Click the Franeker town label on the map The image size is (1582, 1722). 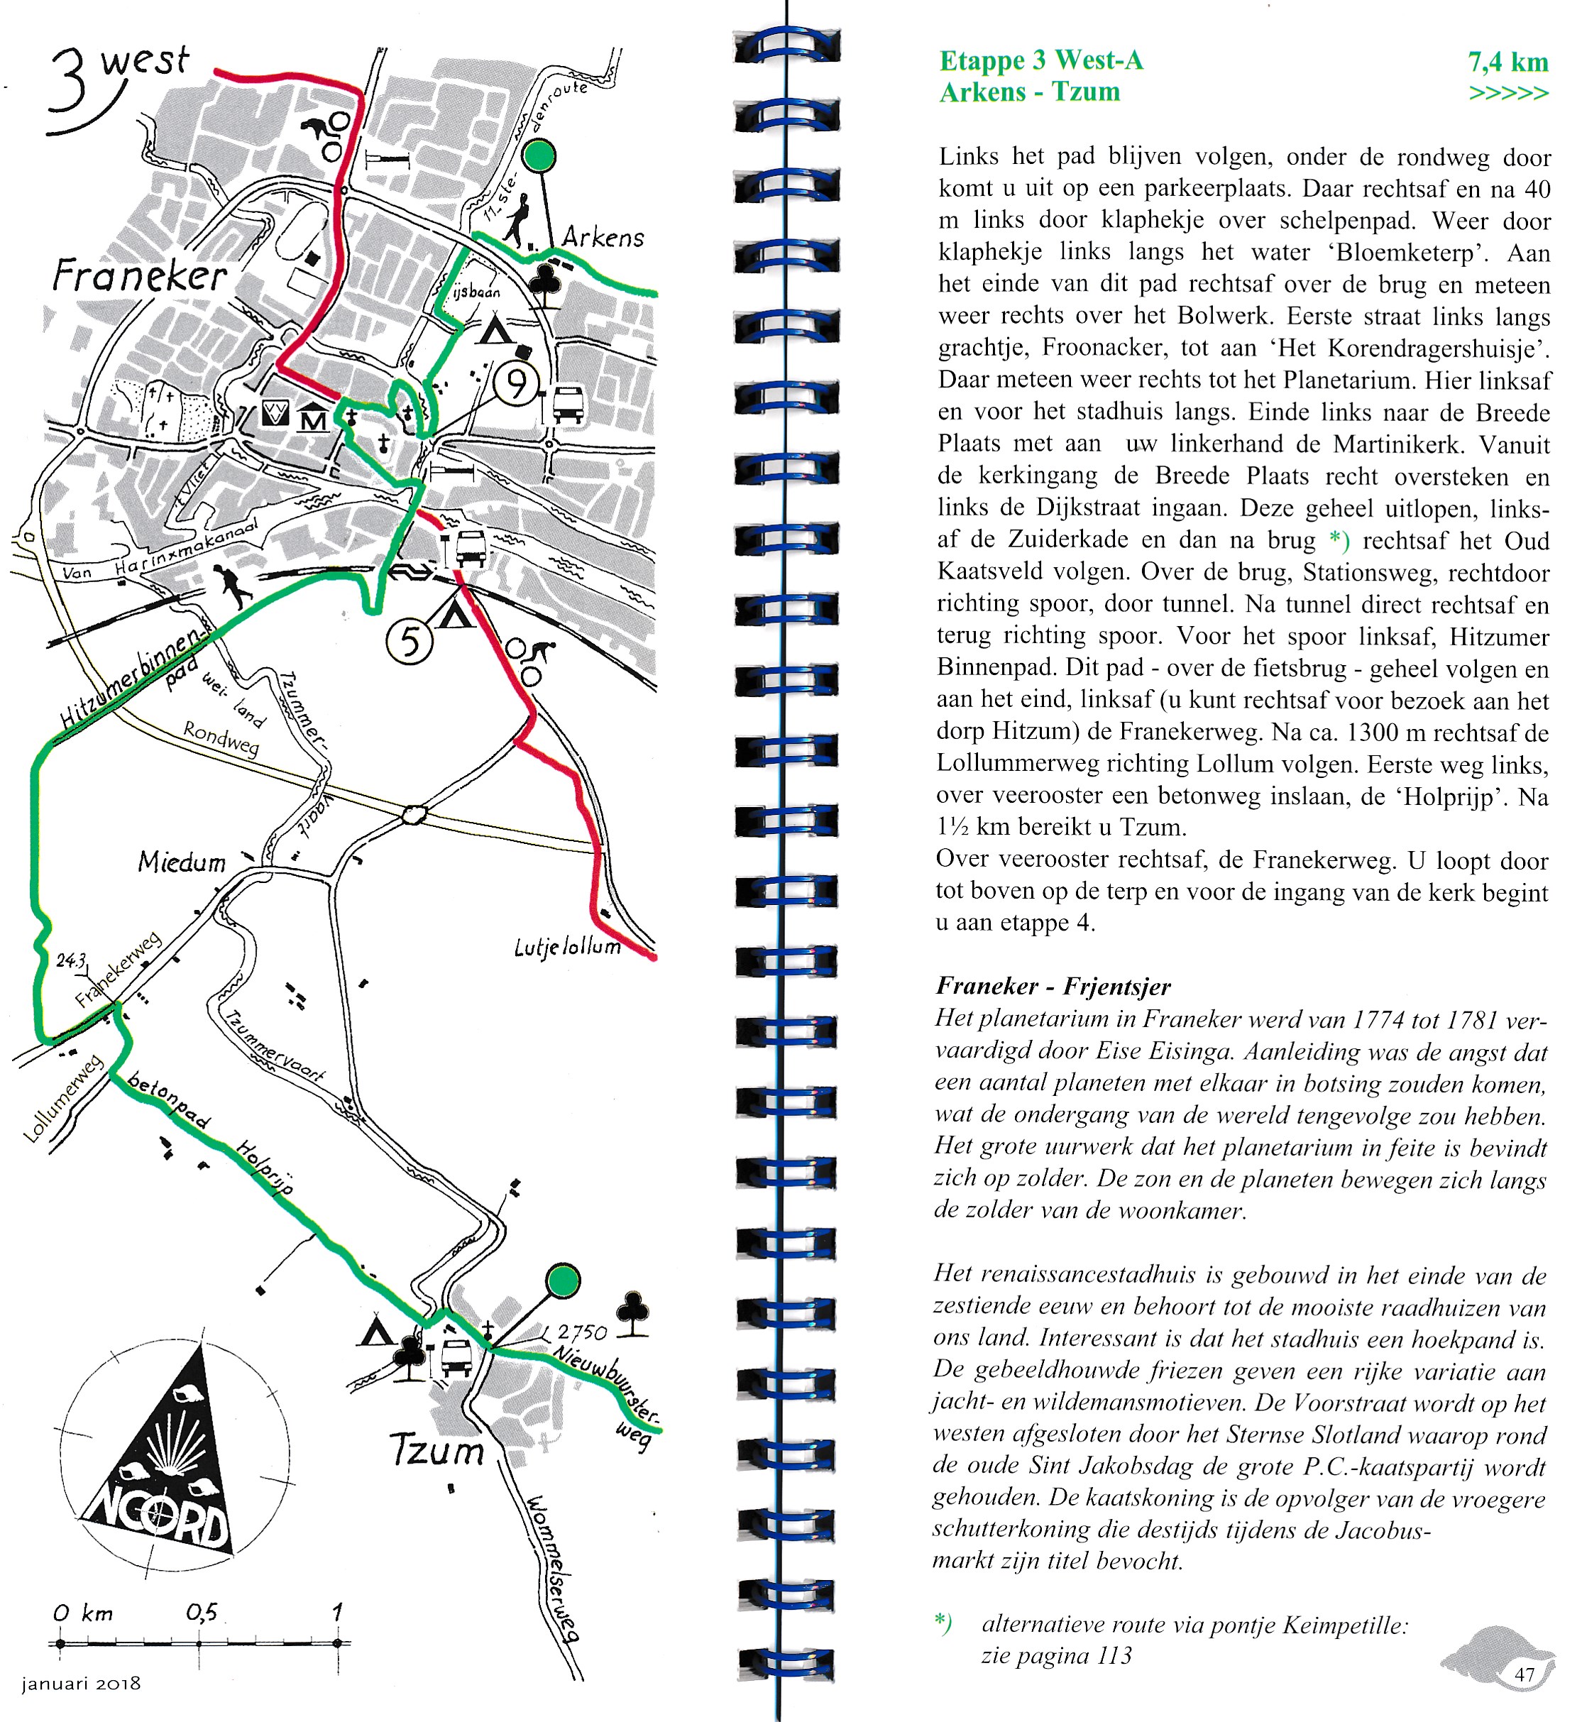(140, 275)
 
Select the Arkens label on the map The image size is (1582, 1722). (603, 237)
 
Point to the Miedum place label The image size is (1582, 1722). (182, 862)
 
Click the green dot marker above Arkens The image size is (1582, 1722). (539, 156)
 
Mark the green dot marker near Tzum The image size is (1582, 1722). (562, 1281)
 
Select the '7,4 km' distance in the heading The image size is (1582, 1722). (1507, 62)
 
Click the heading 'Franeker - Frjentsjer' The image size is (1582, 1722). (1053, 986)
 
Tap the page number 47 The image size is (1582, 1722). (1525, 1674)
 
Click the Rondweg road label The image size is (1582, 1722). (221, 739)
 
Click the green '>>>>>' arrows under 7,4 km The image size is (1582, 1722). (1508, 92)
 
